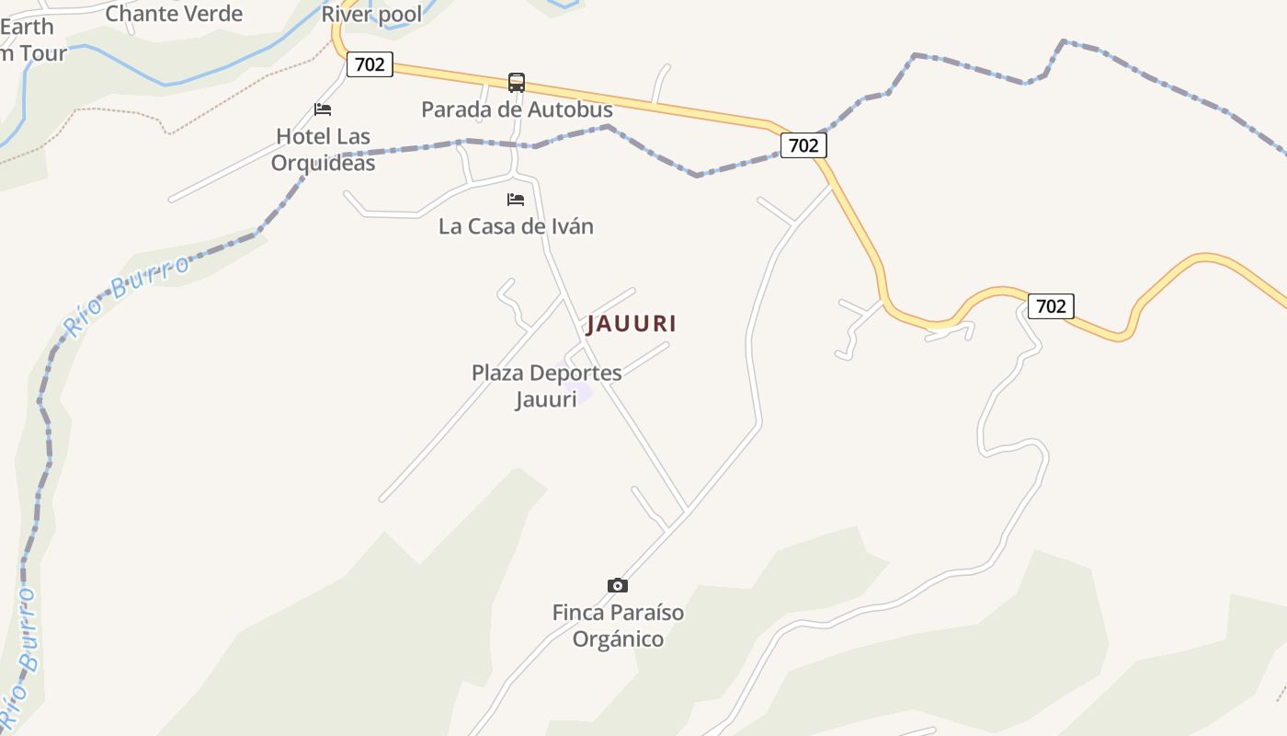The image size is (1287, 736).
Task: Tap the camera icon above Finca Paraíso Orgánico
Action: tap(618, 585)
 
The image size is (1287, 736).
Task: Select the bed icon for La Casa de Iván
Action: tap(516, 200)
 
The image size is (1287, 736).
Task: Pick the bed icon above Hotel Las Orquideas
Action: tap(323, 109)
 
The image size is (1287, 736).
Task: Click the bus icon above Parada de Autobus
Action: tap(517, 83)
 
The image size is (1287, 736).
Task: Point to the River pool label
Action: tap(371, 14)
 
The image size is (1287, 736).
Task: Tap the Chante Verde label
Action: tap(174, 13)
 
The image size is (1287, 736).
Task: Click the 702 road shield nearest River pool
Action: tap(370, 64)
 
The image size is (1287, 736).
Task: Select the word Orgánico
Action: tap(618, 638)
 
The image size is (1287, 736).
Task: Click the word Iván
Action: tap(570, 226)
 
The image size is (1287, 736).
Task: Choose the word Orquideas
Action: tap(323, 163)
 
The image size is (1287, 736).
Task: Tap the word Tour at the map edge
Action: tap(44, 53)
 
